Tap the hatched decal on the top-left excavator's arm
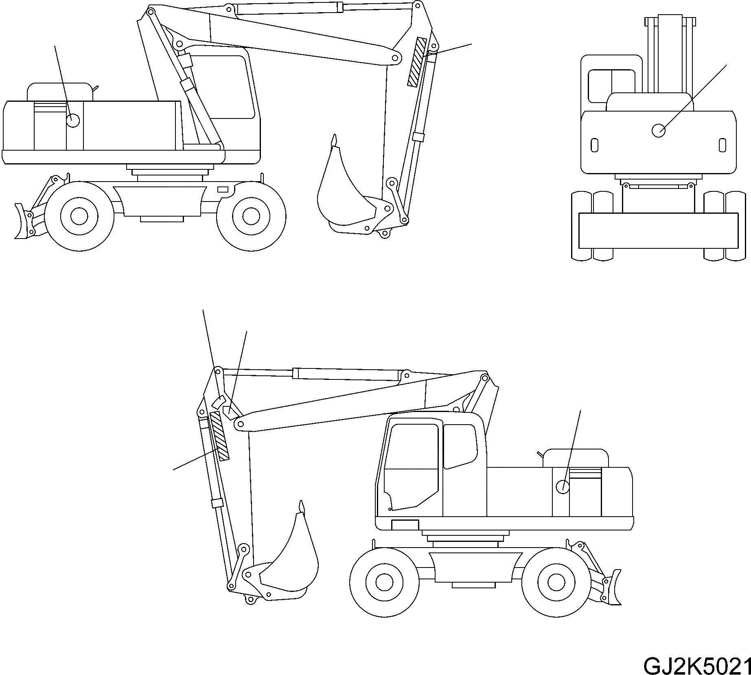(x=416, y=62)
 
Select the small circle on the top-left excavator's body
(x=72, y=121)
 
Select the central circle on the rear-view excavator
(x=658, y=130)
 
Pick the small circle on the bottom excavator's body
(x=563, y=486)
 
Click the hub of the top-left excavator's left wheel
(x=79, y=216)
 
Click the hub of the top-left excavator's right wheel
(x=251, y=216)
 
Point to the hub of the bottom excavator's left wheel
(x=384, y=582)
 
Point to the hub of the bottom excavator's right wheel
(x=556, y=582)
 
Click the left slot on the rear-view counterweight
(x=594, y=145)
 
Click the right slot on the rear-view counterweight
(x=722, y=145)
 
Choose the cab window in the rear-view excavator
(x=611, y=85)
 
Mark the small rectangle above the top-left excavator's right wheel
(x=223, y=189)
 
